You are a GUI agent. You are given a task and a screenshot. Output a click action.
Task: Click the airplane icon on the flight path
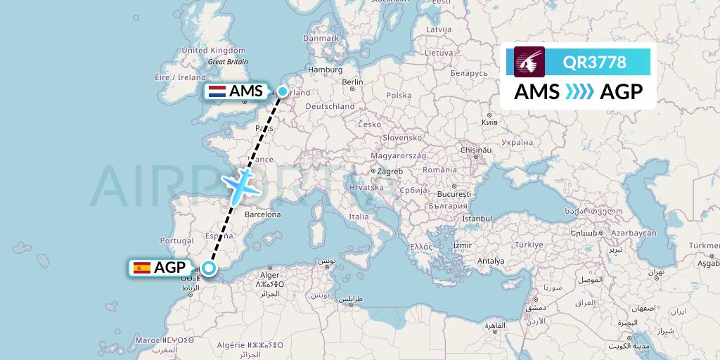pyautogui.click(x=242, y=184)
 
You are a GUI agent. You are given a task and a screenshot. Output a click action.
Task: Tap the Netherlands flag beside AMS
pyautogui.click(x=217, y=91)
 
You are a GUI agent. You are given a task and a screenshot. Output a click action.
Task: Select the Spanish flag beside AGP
pyautogui.click(x=141, y=267)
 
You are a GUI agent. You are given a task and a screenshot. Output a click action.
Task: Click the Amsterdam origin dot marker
pyautogui.click(x=283, y=91)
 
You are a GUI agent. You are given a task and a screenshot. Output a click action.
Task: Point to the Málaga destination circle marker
pyautogui.click(x=209, y=267)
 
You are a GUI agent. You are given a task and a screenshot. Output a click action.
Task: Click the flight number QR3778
pyautogui.click(x=594, y=62)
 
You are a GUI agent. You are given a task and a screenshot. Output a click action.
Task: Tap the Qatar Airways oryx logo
pyautogui.click(x=529, y=62)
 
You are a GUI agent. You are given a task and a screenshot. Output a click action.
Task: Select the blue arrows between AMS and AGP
pyautogui.click(x=580, y=92)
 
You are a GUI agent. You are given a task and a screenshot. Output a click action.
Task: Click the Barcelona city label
pyautogui.click(x=262, y=214)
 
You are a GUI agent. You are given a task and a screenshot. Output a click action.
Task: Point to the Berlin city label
pyautogui.click(x=352, y=82)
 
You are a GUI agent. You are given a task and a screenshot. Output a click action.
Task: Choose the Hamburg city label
pyautogui.click(x=325, y=70)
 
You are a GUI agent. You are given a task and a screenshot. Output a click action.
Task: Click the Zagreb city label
pyautogui.click(x=390, y=172)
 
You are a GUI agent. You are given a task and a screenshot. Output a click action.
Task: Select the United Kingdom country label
pyautogui.click(x=213, y=51)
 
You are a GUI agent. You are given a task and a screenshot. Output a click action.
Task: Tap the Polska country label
pyautogui.click(x=399, y=95)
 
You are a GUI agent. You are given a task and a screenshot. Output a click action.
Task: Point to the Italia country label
pyautogui.click(x=359, y=217)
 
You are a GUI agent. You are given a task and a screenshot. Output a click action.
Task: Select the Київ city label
pyautogui.click(x=489, y=122)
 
